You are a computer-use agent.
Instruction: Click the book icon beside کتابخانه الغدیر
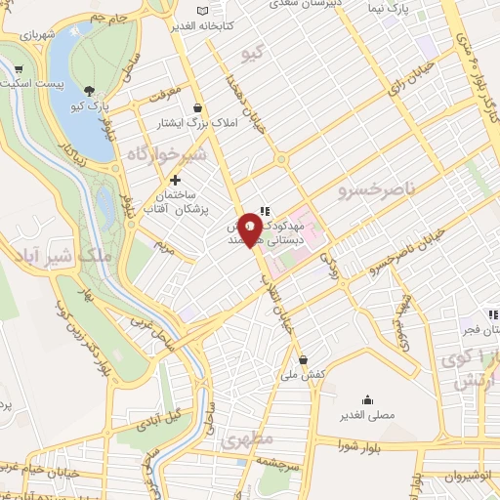point(202,12)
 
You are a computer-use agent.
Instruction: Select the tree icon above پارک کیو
point(90,88)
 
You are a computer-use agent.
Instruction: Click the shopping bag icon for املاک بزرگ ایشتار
point(198,107)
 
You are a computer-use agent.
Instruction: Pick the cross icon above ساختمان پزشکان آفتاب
point(175,180)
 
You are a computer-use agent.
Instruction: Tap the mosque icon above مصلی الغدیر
point(367,398)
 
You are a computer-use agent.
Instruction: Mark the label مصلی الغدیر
point(367,415)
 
